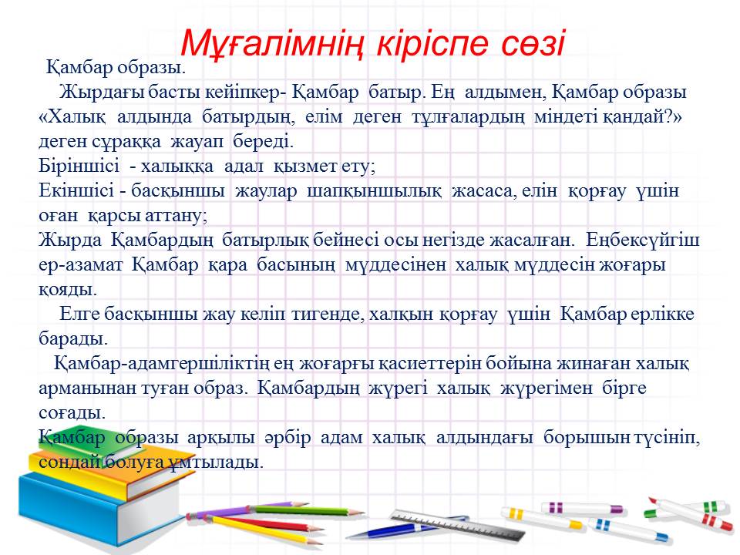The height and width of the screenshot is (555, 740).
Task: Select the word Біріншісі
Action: (79, 166)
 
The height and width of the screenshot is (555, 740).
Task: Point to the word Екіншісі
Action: (76, 190)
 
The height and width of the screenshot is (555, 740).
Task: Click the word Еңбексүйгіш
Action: (643, 240)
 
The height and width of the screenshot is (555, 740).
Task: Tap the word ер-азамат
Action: (81, 264)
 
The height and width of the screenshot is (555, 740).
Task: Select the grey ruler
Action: (458, 525)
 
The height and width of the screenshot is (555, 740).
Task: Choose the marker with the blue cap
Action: (627, 530)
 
